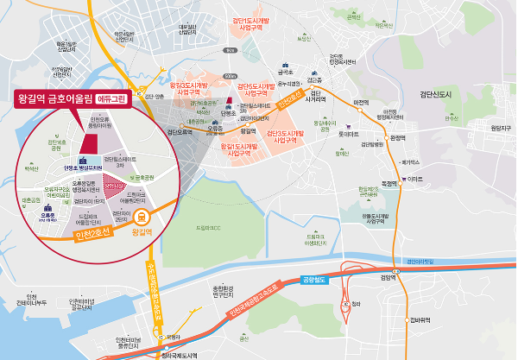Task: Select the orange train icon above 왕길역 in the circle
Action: tap(142, 218)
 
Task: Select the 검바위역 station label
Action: tap(420, 319)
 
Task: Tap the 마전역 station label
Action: tap(362, 102)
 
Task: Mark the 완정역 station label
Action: tap(397, 137)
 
